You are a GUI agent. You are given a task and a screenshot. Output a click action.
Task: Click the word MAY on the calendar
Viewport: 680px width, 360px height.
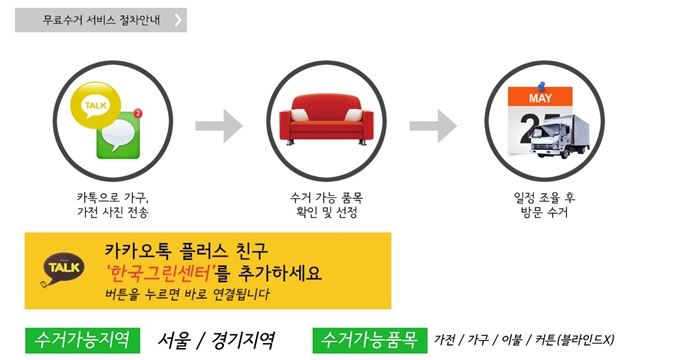[x=541, y=100]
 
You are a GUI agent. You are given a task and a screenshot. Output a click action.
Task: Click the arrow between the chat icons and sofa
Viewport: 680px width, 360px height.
[x=218, y=126]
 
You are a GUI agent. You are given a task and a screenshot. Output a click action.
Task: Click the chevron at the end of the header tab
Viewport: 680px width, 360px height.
[x=177, y=20]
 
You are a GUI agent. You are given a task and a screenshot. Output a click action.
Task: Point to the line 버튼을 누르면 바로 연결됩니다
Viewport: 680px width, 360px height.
[x=186, y=295]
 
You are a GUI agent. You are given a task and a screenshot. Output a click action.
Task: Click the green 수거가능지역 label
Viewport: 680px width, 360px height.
[x=83, y=339]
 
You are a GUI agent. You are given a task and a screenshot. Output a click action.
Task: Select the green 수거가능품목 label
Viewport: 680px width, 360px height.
[x=368, y=339]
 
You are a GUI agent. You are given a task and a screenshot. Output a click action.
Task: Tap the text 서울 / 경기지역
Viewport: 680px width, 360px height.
[x=216, y=339]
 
